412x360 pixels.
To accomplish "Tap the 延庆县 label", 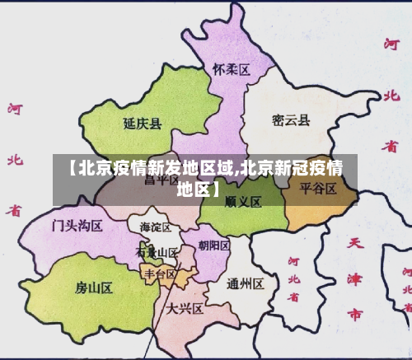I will (x=142, y=124).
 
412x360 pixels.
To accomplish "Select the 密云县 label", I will (x=291, y=121).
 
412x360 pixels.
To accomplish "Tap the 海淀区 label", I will (x=155, y=227).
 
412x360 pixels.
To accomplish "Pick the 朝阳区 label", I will (x=214, y=245).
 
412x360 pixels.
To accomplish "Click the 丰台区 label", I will (x=160, y=274).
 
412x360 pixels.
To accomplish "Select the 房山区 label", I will (x=93, y=287).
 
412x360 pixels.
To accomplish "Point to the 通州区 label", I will (x=245, y=284).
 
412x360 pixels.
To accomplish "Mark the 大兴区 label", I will (x=185, y=309).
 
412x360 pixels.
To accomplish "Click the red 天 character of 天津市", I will (x=355, y=244).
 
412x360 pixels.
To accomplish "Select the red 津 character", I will (x=355, y=279).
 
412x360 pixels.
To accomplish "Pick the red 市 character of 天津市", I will (x=354, y=314).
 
